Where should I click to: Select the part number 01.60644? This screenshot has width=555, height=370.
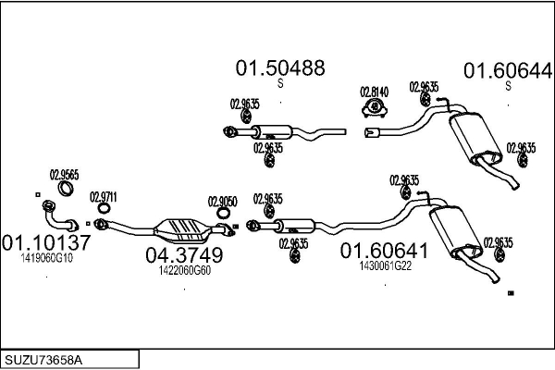[x=507, y=69]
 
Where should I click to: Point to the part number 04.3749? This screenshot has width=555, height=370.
[x=184, y=255]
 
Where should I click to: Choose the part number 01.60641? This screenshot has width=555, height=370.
[x=385, y=250]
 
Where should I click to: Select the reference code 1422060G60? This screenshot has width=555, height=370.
[x=184, y=270]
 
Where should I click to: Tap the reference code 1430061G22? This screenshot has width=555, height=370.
[x=385, y=265]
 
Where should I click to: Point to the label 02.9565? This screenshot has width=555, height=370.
[x=64, y=173]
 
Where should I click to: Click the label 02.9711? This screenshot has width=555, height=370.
[x=103, y=196]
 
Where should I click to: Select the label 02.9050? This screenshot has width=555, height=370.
[x=222, y=201]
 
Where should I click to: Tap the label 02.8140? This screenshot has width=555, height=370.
[x=374, y=91]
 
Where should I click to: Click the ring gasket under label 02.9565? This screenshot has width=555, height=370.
[x=65, y=190]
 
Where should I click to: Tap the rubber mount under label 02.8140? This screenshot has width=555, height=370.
[x=374, y=110]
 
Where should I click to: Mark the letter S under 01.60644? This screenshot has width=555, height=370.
[x=507, y=86]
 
